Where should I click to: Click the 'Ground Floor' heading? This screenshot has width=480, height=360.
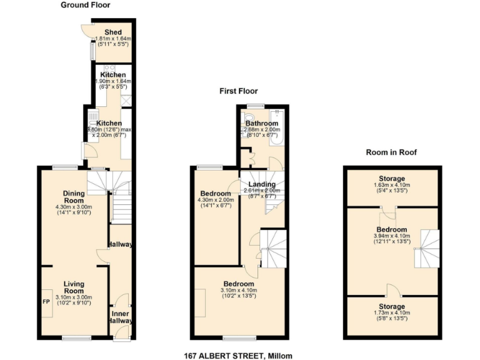coord(85,5)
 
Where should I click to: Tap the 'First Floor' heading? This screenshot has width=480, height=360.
coord(237,91)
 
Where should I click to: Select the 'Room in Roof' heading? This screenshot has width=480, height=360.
coord(391,152)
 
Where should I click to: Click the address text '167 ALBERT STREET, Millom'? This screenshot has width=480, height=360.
coord(238,356)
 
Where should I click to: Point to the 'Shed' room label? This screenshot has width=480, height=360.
coord(112,32)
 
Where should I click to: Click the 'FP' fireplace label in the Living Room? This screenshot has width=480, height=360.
coord(46,301)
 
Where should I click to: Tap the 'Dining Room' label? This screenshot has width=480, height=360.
coord(74,197)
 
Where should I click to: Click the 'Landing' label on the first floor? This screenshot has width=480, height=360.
coord(261,184)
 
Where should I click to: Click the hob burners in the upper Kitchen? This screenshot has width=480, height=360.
coord(107,68)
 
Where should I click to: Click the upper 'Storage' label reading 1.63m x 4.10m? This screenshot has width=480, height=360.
coord(392,179)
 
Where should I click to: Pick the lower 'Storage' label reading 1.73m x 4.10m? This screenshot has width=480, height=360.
coord(392,306)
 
